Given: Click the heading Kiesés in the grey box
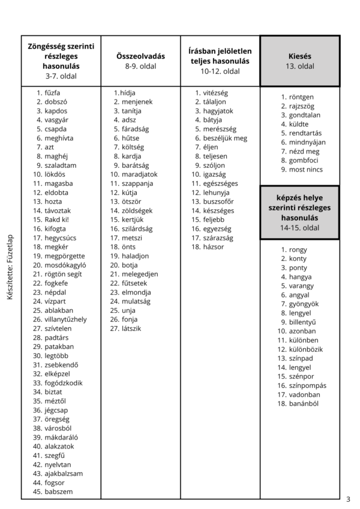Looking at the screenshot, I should (299, 56).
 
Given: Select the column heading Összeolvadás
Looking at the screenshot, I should (140, 56).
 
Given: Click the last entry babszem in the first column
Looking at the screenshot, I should (58, 492).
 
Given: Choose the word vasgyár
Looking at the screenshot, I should (56, 120).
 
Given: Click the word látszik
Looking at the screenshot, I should (131, 328).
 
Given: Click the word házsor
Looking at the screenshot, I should (214, 246).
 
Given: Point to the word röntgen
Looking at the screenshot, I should (301, 97).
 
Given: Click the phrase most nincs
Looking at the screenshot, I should (305, 170).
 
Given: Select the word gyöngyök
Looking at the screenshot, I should (304, 304).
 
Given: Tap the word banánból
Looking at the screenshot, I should (304, 403).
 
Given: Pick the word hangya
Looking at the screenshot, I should (301, 277).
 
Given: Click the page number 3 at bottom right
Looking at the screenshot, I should (348, 499).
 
